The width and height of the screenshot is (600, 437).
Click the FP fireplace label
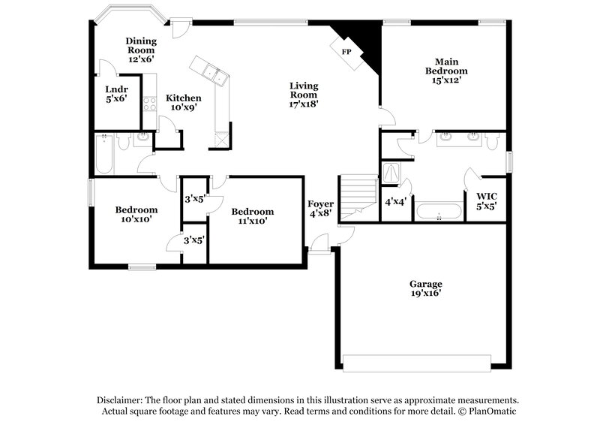click(346, 52)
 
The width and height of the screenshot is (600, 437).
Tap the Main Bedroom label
click(441, 71)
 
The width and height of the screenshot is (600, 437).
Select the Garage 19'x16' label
click(425, 288)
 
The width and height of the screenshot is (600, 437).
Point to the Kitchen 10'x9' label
click(183, 103)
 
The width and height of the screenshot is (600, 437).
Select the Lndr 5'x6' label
click(115, 93)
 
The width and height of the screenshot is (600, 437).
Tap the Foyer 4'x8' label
click(320, 209)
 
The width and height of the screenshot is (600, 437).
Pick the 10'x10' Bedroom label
click(136, 215)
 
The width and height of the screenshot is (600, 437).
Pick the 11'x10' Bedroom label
click(252, 216)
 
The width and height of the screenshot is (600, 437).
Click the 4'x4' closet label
click(395, 202)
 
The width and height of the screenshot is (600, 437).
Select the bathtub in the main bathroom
click(439, 212)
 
